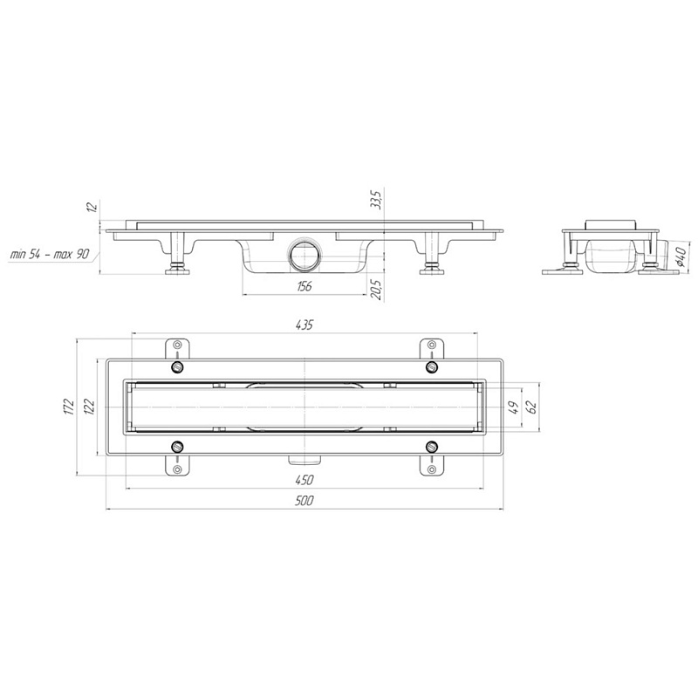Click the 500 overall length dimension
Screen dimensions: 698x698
point(304,500)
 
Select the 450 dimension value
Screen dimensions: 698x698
point(304,480)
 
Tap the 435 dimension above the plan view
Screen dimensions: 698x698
point(304,325)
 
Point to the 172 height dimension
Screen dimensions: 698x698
point(68,407)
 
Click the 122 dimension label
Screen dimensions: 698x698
point(89,407)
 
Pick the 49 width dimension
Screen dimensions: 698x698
point(513,407)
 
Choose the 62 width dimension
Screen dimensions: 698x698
point(531,407)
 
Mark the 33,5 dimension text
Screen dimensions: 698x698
point(376,200)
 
